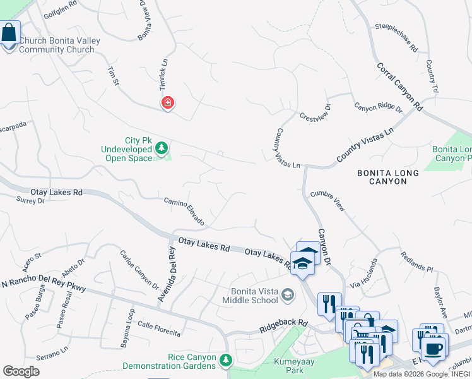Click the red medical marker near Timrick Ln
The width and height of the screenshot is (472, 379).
167,102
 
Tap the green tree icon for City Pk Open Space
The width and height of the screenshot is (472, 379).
162,148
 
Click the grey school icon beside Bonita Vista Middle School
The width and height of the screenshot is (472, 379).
288,294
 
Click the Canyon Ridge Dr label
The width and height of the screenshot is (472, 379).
377,107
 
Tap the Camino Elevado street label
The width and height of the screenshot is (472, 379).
184,210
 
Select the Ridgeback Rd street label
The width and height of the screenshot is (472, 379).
283,327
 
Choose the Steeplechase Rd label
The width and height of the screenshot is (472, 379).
396,39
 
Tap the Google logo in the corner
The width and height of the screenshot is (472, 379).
21,371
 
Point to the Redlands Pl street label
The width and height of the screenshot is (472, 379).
416,261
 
